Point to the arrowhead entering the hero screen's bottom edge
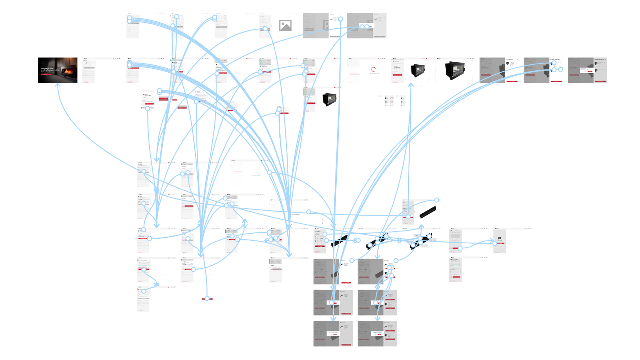(x=58, y=85)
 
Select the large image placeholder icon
(x=285, y=26)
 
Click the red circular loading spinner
(x=374, y=70)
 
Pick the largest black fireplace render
(x=455, y=70)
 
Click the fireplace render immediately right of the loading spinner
(x=418, y=70)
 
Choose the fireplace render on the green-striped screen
(x=329, y=99)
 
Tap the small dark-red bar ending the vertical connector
(x=207, y=299)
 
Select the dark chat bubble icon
(x=499, y=238)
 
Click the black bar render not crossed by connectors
(x=428, y=212)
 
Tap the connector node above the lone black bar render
(x=437, y=200)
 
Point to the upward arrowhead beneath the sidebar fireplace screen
(x=411, y=85)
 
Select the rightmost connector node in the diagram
(x=561, y=70)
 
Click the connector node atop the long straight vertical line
(x=340, y=19)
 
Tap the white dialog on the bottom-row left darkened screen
(x=333, y=333)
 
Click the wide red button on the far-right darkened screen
(x=600, y=81)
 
